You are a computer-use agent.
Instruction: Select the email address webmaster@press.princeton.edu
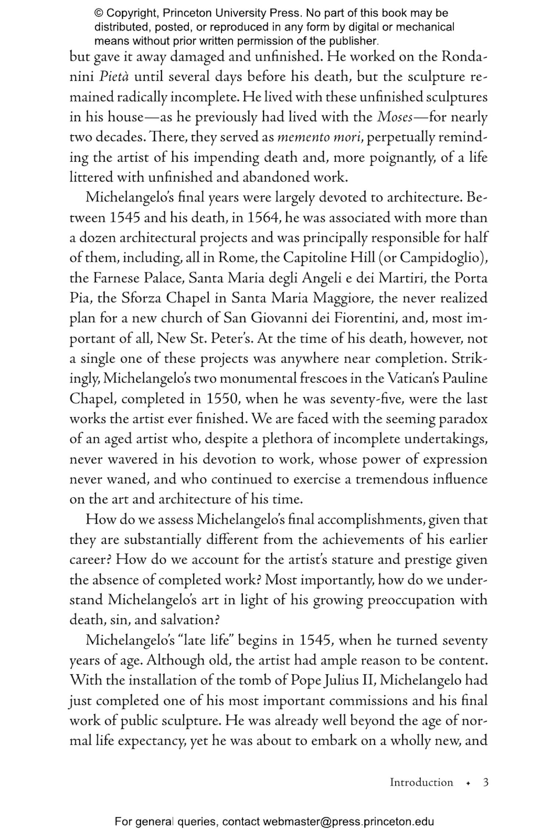click(x=348, y=822)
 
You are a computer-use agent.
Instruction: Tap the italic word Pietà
click(x=114, y=77)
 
